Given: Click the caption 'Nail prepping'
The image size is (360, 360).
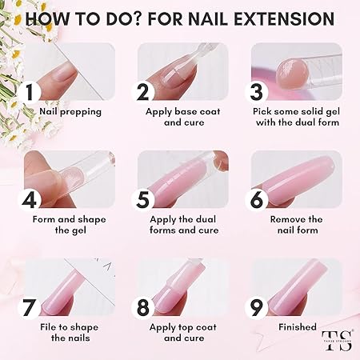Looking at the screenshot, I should point(70,112).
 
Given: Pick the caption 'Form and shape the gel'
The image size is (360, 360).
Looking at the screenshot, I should point(69,225).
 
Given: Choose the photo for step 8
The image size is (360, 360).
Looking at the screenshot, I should point(182,284).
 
